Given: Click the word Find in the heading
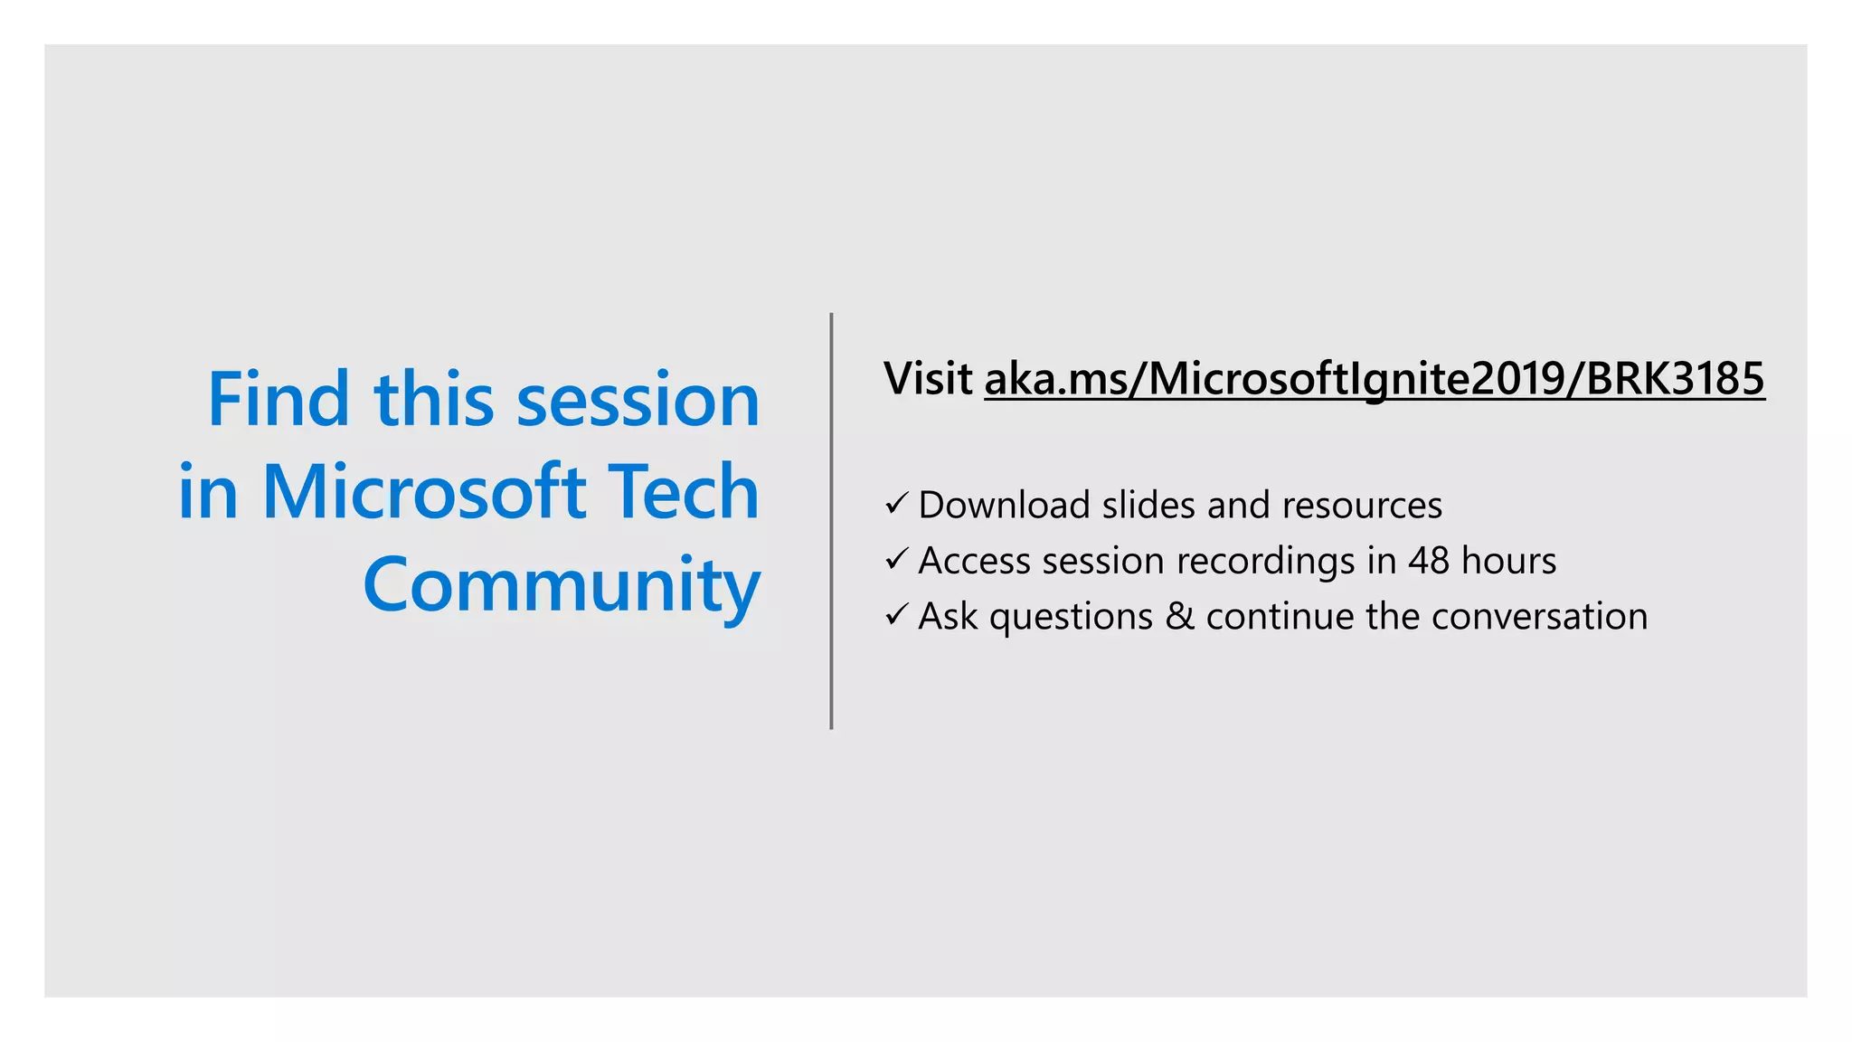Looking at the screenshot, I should click(x=278, y=399).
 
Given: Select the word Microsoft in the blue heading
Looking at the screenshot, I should click(x=423, y=493).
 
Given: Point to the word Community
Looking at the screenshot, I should click(x=561, y=586).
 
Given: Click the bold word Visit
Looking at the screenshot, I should click(x=928, y=378).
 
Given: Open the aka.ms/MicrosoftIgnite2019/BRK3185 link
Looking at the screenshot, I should click(x=1374, y=379).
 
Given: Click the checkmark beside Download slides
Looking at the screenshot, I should click(x=895, y=504).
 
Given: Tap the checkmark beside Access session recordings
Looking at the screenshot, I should click(x=895, y=560).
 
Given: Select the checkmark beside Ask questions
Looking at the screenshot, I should click(x=895, y=615).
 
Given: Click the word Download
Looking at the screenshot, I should click(x=1004, y=505).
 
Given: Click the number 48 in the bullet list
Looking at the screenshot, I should click(x=1429, y=561).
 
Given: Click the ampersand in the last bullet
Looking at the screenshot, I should click(x=1179, y=616).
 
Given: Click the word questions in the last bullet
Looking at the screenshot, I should click(x=1071, y=618).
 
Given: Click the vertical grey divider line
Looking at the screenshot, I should click(x=831, y=521).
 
